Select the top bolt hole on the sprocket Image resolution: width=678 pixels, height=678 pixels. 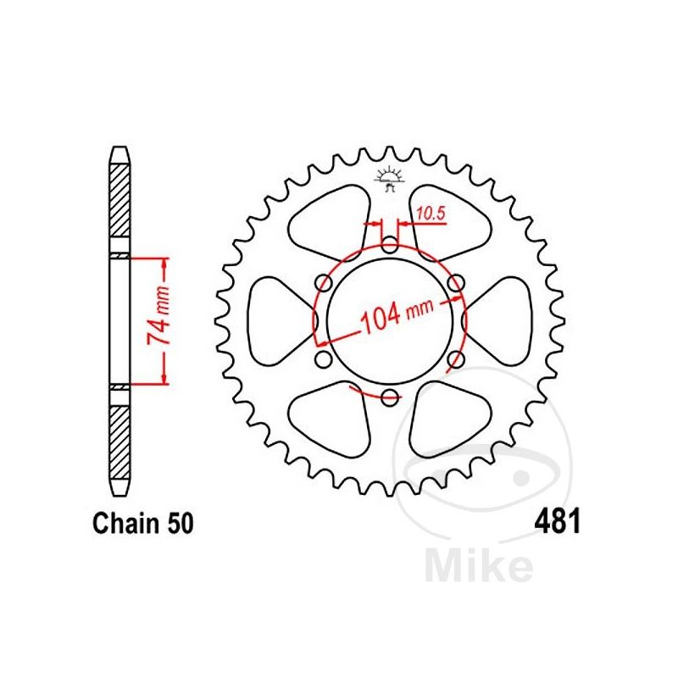389,246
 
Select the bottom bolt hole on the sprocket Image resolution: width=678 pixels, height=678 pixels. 389,396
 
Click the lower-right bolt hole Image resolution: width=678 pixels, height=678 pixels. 455,358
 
